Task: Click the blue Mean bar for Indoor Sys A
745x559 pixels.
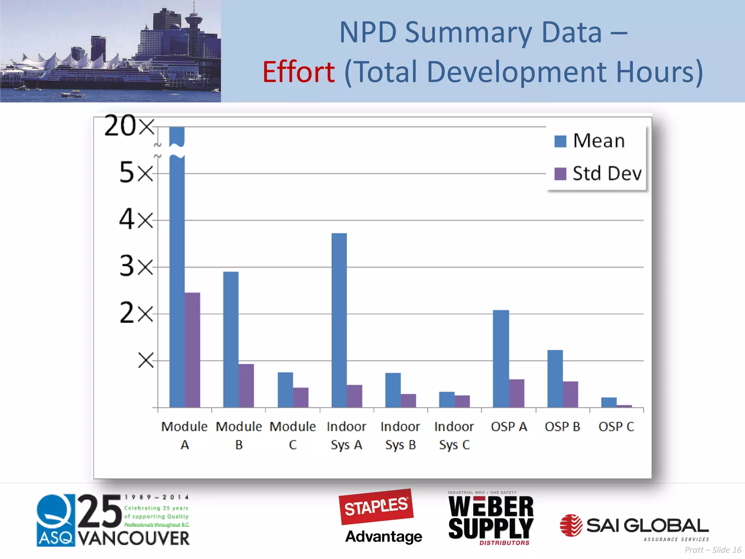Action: (339, 320)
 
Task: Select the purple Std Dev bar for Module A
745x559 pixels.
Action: (192, 349)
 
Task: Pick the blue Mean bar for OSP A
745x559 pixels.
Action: (501, 358)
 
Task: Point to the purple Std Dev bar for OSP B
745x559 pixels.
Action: (570, 394)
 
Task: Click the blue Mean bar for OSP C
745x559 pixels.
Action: (609, 402)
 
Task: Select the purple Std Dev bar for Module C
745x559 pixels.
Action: (300, 397)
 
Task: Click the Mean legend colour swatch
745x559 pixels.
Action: (560, 141)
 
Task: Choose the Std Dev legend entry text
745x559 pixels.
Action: (607, 173)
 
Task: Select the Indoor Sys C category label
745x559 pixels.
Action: (454, 435)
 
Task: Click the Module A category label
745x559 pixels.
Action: (184, 435)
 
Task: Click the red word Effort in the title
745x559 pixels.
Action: (299, 72)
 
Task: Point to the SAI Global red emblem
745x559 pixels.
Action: (571, 525)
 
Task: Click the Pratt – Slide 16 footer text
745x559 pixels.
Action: (713, 550)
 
